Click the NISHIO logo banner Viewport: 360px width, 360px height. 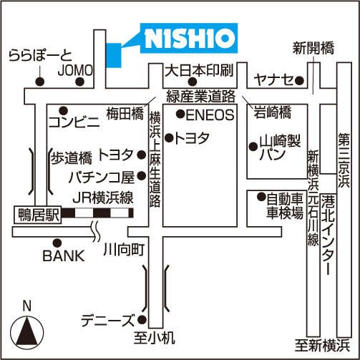point(189,38)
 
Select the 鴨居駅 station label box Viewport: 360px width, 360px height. point(38,215)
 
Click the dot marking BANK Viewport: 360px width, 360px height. point(57,243)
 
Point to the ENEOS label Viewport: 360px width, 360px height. point(210,115)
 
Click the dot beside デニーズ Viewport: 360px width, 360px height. point(142,320)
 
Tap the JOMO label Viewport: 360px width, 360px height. point(75,70)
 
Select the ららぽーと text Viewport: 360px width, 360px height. point(40,56)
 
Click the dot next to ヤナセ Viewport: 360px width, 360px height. point(299,81)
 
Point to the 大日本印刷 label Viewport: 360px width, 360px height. point(199,70)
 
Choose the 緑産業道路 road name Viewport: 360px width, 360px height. point(201,96)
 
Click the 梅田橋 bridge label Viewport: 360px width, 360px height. point(125,114)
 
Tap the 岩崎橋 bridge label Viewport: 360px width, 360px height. point(272,112)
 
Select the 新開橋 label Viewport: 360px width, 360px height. point(313,48)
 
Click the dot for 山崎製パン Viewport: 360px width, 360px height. point(253,147)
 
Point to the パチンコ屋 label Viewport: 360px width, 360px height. point(102,177)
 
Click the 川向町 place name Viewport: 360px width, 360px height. point(124,250)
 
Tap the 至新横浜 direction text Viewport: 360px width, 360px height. point(323,345)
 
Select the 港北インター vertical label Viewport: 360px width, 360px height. point(328,235)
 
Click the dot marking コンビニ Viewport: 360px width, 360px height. point(63,111)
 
